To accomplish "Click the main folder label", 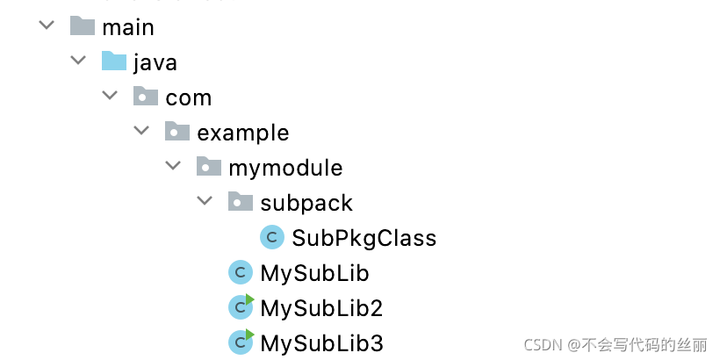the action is [x=128, y=27].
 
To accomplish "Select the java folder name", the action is [x=155, y=62].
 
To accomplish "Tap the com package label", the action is [x=188, y=97].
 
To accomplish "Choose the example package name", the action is [x=242, y=133].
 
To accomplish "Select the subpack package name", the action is [x=306, y=203].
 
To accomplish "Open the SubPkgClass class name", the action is [x=364, y=237].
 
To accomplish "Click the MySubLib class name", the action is [x=314, y=272].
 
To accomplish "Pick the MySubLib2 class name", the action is [x=321, y=307].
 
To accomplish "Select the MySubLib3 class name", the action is [x=321, y=342].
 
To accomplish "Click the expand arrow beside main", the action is [x=47, y=26].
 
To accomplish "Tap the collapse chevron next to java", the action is [x=79, y=61].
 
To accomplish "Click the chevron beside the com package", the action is [x=111, y=97].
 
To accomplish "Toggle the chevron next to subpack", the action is [x=205, y=202].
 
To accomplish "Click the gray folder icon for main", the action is [x=83, y=26].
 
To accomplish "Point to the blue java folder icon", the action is [x=114, y=61].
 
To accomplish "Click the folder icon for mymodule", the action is [x=209, y=166].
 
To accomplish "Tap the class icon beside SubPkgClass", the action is [x=272, y=237].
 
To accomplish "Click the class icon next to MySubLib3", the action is [x=241, y=342].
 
